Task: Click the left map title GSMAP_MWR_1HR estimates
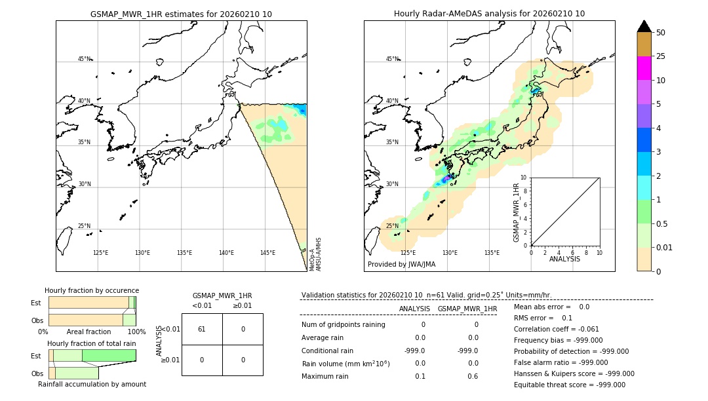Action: [181, 14]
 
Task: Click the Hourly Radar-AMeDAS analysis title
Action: [489, 14]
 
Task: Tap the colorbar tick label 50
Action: [661, 33]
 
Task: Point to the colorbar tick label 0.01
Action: [665, 248]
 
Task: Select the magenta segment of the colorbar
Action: [644, 68]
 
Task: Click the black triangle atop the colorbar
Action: [644, 26]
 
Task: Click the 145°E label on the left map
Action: [267, 253]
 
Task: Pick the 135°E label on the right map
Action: [492, 253]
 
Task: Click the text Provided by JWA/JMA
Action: [401, 265]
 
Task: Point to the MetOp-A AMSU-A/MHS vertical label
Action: [315, 254]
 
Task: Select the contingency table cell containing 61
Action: [202, 329]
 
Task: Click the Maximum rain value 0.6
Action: [472, 376]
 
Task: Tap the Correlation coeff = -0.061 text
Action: [556, 330]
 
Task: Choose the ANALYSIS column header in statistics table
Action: [414, 309]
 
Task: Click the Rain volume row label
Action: [345, 364]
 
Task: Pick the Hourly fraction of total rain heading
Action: [92, 344]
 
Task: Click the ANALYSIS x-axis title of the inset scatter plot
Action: [564, 259]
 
